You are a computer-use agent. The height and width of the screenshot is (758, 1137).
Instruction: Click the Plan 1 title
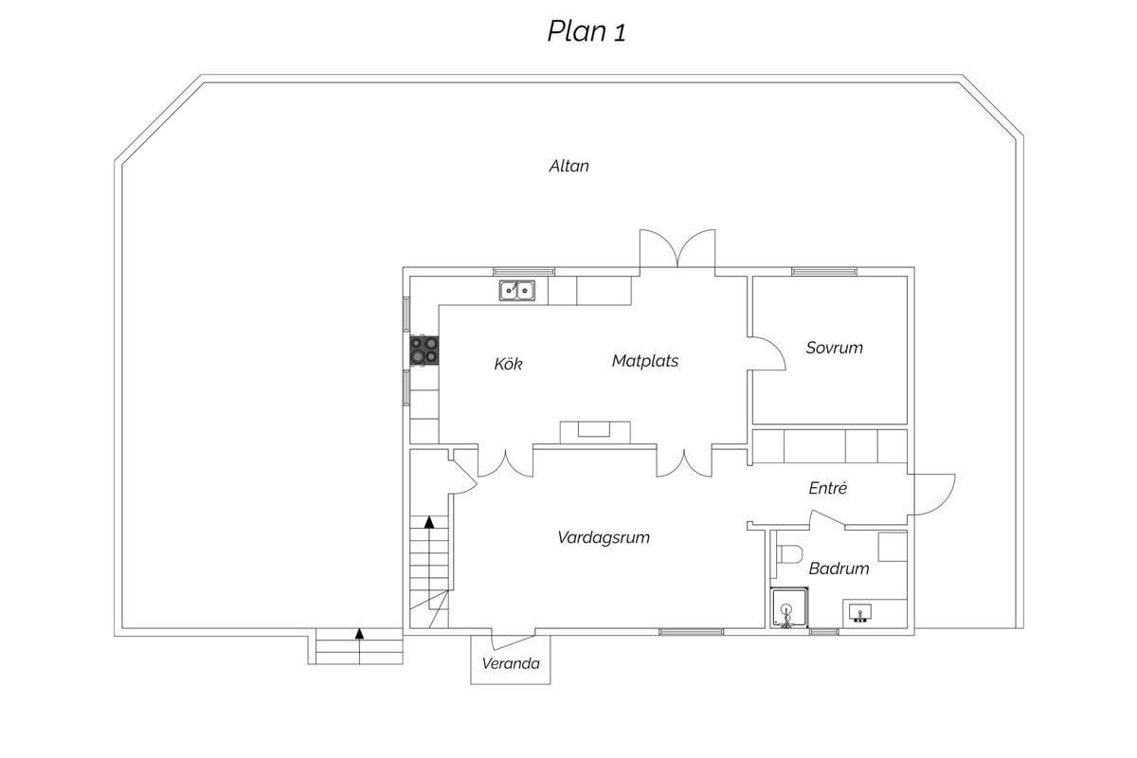coord(587,31)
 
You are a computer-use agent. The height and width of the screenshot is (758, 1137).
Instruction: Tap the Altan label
coord(569,166)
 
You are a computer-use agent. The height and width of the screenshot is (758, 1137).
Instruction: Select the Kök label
coord(508,364)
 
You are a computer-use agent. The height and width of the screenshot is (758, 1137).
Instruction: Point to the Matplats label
coord(645,361)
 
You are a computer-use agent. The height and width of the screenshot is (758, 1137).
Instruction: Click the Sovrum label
coord(835,348)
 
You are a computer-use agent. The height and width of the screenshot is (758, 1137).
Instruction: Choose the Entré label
coord(828,488)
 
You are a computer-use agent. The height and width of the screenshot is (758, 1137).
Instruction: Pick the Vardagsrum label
coord(604,537)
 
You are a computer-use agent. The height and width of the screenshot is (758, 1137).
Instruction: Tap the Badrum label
coord(839,568)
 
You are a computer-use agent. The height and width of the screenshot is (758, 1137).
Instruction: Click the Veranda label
coord(511,663)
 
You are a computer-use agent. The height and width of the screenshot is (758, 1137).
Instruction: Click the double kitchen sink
coord(516,290)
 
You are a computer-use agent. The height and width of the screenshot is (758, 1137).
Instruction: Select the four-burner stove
coord(424,351)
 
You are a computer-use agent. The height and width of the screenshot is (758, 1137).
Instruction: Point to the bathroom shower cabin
coord(789,607)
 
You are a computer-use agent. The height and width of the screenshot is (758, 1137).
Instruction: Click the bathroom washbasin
coord(860,612)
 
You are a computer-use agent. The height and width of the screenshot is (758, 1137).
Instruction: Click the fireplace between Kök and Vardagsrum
coord(595,433)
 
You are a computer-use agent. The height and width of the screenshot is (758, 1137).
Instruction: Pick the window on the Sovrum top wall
coord(823,272)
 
